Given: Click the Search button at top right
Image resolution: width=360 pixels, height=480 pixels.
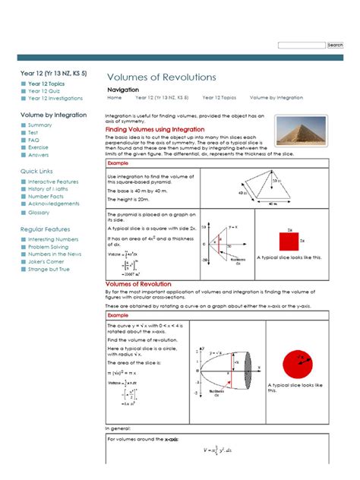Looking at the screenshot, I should (335, 46).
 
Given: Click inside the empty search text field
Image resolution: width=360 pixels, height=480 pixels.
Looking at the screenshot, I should (302, 46).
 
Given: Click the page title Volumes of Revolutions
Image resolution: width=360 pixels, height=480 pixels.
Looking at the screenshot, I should (161, 77).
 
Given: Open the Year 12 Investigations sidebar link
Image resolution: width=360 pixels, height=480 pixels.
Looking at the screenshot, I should (55, 98).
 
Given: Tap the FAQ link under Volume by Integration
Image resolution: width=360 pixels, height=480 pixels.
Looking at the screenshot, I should (33, 140).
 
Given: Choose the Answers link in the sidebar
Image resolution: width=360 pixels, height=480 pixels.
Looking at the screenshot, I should (38, 155).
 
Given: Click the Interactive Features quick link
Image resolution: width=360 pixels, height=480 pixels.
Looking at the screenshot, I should (53, 182).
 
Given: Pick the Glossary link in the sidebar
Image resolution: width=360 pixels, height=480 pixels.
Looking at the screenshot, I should (39, 213).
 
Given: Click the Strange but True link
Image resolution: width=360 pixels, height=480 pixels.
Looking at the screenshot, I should (49, 269).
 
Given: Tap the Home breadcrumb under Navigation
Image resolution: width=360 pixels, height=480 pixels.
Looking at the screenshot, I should (115, 98).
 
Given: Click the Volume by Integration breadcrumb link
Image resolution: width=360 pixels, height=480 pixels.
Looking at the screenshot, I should (276, 98).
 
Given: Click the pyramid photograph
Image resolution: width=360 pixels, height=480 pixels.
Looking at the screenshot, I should (302, 130).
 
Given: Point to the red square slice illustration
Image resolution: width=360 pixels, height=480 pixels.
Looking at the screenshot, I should (289, 241).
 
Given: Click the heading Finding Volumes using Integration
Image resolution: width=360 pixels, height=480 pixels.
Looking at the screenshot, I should (154, 130).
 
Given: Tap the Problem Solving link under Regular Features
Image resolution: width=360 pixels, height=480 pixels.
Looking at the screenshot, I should (49, 247).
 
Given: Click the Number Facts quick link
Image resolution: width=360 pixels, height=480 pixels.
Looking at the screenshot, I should (47, 197).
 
